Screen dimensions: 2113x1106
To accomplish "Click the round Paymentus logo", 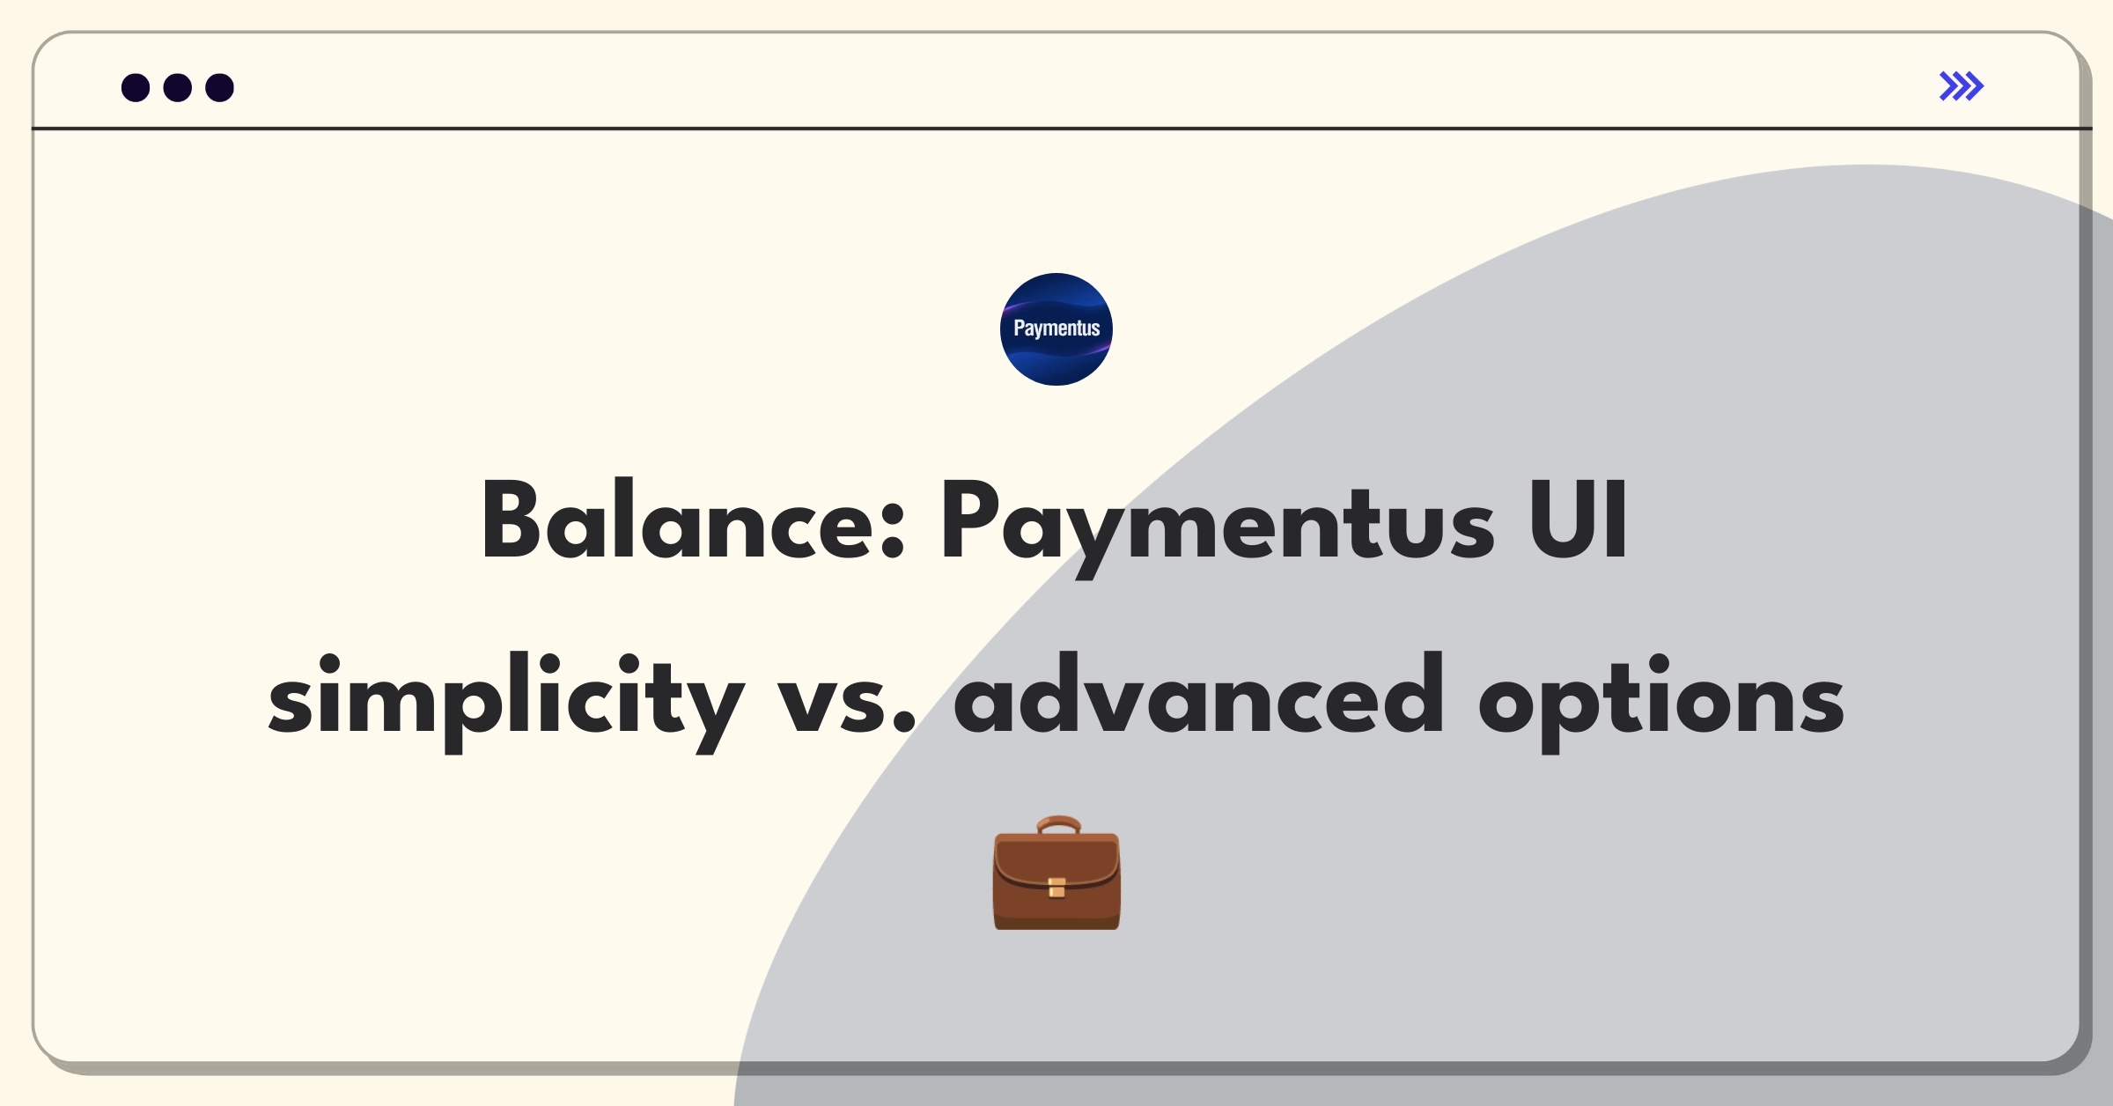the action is click(x=1056, y=329).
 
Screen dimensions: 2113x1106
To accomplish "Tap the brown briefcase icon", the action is click(x=1056, y=873).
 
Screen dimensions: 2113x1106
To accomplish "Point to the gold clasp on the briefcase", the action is click(x=1056, y=888).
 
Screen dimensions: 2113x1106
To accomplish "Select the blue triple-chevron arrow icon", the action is click(x=1962, y=86).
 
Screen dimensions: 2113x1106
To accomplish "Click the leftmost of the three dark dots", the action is click(x=136, y=87).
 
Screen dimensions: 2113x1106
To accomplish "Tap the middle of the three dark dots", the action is click(x=178, y=87).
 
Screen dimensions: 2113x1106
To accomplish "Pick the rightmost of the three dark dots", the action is click(x=220, y=87).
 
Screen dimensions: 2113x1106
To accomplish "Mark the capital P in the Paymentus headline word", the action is click(x=969, y=520).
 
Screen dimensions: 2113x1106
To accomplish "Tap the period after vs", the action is click(x=904, y=722).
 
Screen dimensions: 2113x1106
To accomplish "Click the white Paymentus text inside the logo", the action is click(x=1056, y=328).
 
